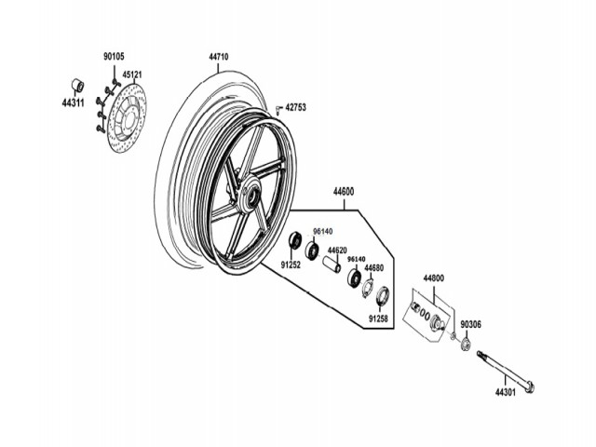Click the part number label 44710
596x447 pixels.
(219, 57)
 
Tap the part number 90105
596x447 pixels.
(112, 57)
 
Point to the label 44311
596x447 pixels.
(74, 103)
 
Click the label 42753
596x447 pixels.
(295, 107)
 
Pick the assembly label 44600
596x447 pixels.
(344, 191)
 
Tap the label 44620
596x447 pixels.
(336, 251)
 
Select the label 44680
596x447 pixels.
(374, 268)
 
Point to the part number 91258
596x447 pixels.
(377, 318)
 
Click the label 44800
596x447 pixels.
(434, 278)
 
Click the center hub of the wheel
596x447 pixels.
(249, 197)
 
